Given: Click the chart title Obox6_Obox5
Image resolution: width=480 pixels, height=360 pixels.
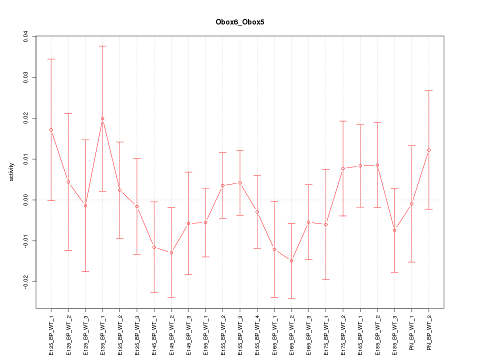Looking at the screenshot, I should (239, 22).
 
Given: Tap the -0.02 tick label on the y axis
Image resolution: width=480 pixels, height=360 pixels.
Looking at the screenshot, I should (25, 282).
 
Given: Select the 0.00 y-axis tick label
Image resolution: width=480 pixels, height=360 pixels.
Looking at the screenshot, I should (25, 200).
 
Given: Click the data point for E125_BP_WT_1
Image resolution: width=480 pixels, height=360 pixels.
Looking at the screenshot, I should (51, 130).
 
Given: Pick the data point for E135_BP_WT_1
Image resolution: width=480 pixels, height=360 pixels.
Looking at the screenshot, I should (102, 118).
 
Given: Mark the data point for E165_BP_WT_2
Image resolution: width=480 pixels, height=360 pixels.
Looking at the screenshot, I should (291, 261).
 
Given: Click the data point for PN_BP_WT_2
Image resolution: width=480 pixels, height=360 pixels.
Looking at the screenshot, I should (429, 150).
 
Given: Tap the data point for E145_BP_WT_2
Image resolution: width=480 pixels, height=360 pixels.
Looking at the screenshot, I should (171, 252).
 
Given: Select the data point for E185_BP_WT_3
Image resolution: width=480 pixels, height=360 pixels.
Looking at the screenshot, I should (394, 230).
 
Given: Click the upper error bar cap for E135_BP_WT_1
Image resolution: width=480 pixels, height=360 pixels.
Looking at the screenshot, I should (102, 46).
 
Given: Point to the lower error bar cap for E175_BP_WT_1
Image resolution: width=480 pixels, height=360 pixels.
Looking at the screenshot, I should (326, 279).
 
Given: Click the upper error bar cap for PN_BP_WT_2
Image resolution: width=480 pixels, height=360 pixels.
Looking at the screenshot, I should (429, 90).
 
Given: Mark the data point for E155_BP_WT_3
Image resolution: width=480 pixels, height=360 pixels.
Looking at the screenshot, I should (240, 183).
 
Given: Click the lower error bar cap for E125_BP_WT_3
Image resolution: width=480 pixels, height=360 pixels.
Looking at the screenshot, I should (85, 271).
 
